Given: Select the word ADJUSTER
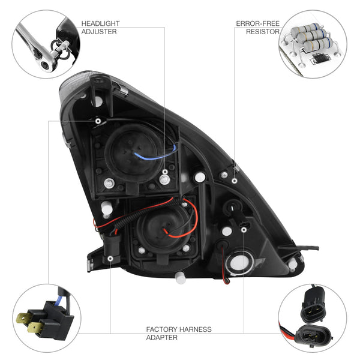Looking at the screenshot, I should tap(100, 31).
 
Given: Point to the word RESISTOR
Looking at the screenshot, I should tap(263, 31).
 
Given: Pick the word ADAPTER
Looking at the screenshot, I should tap(161, 337).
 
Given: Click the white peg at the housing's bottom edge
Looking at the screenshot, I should tap(179, 277).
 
